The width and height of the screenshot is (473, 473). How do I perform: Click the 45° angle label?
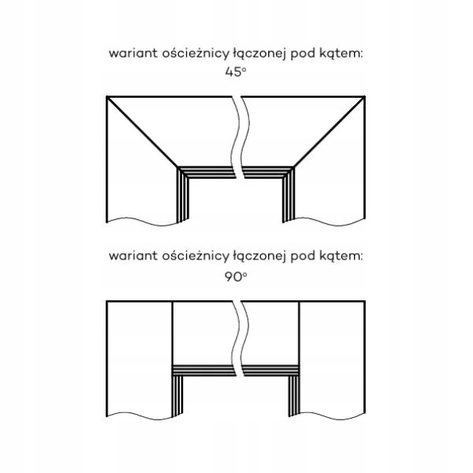tap(236, 71)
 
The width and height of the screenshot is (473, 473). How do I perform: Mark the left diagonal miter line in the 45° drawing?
tap(142, 132)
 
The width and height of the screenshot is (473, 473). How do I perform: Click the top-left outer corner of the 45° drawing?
tap(106, 97)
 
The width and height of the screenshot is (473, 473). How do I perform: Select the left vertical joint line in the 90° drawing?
tap(172, 331)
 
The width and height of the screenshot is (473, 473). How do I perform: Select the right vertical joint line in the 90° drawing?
tap(300, 331)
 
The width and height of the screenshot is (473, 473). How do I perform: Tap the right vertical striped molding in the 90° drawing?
tap(296, 394)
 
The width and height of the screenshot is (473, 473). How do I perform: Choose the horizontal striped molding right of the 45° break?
tap(268, 170)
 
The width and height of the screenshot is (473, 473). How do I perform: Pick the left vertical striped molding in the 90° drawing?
tap(177, 394)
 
